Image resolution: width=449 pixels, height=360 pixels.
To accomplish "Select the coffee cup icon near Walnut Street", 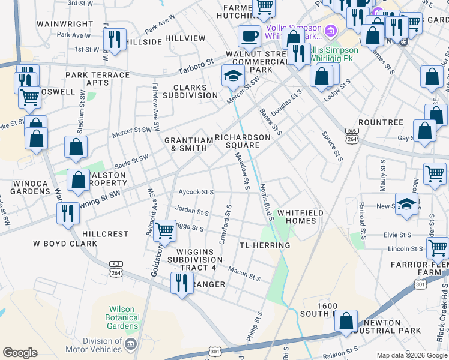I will [x=249, y=37].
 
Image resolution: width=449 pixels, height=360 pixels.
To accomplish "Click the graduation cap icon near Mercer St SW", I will [x=233, y=76].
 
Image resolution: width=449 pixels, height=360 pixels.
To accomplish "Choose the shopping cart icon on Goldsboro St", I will [x=164, y=230].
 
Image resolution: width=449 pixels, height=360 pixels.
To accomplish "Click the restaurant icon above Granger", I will [x=181, y=283].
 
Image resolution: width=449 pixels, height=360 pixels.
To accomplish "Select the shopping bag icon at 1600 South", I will [x=346, y=321].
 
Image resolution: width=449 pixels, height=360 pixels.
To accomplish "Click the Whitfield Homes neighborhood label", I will [x=301, y=217].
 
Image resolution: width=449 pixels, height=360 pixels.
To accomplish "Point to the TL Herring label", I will [x=265, y=245].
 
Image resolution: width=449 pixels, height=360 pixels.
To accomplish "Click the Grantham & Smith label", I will [x=188, y=144].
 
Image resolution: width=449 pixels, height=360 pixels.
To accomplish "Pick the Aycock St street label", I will [x=196, y=193].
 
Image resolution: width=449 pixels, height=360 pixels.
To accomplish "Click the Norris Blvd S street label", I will [x=264, y=203].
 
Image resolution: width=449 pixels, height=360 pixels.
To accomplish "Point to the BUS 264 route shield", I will [x=352, y=136].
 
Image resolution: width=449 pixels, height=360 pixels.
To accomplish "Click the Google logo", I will [x=20, y=352].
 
